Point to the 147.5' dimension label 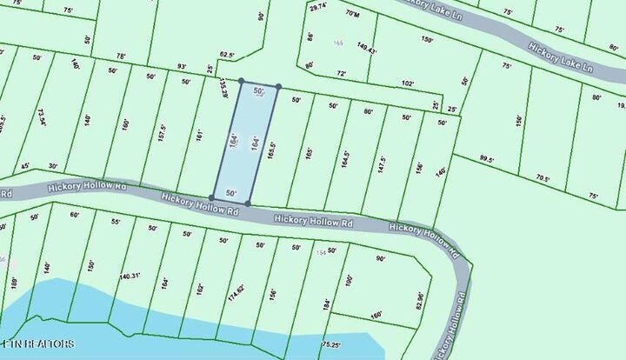[382, 166]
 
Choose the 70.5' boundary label [543, 179]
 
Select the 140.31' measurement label [130, 276]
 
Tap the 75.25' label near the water [330, 344]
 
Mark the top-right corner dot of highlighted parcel [278, 87]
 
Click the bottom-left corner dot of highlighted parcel [211, 198]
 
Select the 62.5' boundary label [228, 54]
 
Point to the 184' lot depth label [326, 305]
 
